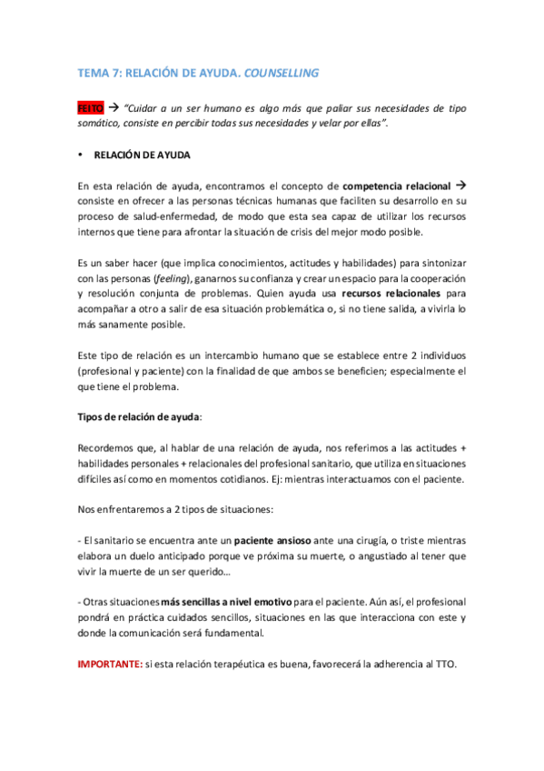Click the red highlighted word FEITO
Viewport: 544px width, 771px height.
(x=92, y=107)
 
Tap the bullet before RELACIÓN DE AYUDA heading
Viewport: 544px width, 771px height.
(x=81, y=155)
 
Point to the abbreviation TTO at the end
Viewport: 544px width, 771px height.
(x=444, y=664)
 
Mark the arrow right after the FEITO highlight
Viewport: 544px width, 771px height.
(x=116, y=107)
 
